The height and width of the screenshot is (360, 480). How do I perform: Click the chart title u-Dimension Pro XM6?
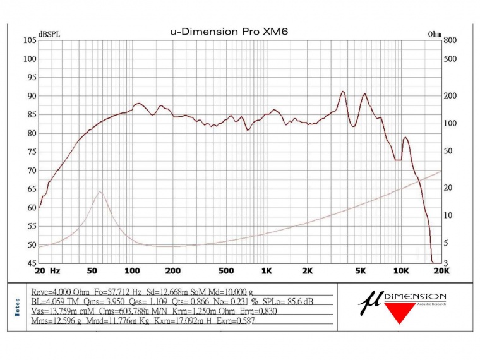click(229, 31)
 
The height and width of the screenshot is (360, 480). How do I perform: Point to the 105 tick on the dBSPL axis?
click(29, 40)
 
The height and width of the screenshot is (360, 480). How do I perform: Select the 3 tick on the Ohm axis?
click(445, 263)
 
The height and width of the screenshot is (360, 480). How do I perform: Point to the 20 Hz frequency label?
click(48, 271)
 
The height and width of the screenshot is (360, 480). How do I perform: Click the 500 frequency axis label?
click(227, 271)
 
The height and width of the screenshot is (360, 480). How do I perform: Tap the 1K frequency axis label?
click(267, 271)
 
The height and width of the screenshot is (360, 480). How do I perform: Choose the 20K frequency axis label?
click(441, 271)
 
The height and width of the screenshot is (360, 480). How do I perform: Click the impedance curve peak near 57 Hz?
click(100, 191)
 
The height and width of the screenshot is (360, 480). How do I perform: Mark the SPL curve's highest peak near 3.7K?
click(343, 92)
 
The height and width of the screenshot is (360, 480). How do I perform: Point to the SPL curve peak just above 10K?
click(405, 137)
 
